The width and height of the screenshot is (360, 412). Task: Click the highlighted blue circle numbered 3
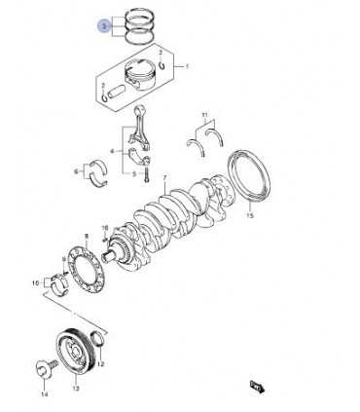click(102, 27)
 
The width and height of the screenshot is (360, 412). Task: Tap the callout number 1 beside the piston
click(187, 68)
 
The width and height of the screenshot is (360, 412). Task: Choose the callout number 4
click(113, 151)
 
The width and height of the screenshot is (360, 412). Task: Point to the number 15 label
click(250, 215)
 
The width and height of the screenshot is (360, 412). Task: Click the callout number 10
click(36, 284)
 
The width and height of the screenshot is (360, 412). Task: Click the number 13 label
click(73, 387)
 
